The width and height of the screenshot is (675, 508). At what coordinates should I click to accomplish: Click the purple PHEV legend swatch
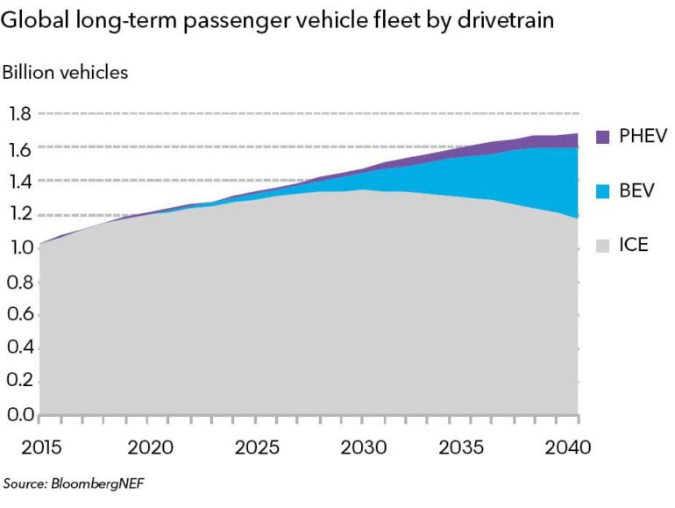coord(602,137)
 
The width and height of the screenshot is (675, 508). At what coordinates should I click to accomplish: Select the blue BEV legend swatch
coord(602,190)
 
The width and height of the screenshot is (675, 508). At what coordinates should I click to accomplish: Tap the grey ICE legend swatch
coord(602,245)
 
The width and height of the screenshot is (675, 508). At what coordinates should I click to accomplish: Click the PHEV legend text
coord(643,137)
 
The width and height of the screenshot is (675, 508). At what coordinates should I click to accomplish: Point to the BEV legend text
coord(636,190)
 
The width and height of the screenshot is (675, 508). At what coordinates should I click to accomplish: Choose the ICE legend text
coord(633,245)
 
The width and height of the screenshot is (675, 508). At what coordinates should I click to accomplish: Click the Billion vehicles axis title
coord(66,72)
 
